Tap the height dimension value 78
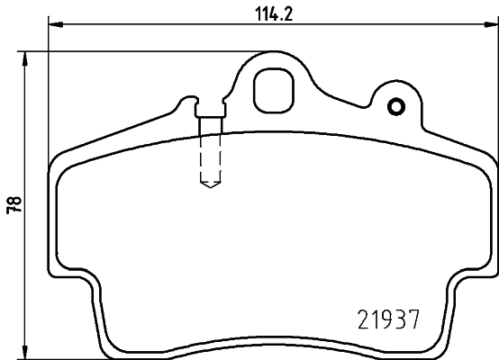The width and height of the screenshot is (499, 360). [x=13, y=204]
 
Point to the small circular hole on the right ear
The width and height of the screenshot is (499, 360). [x=394, y=108]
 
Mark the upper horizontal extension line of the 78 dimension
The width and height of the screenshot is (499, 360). [x=135, y=52]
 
